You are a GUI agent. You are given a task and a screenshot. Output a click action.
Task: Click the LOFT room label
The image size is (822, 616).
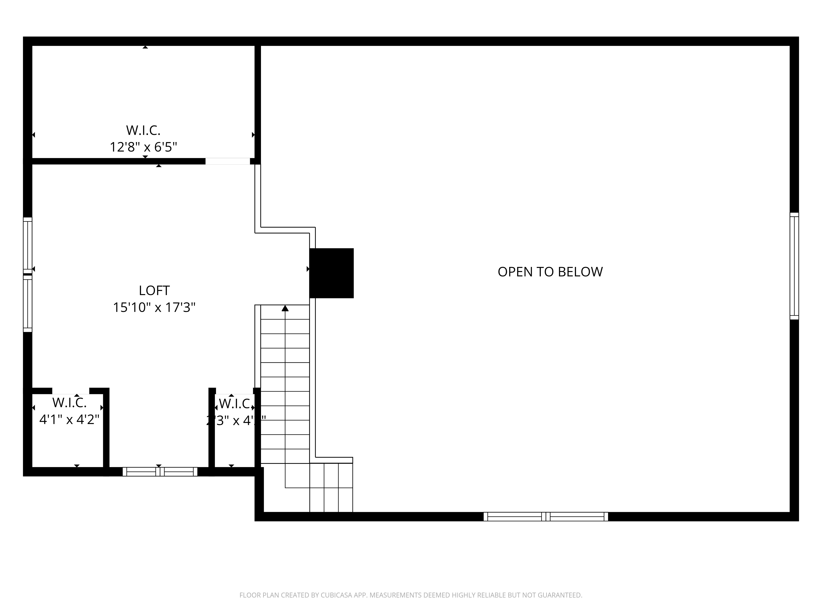154,290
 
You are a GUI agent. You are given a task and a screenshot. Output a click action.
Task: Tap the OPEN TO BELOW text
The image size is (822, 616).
550,272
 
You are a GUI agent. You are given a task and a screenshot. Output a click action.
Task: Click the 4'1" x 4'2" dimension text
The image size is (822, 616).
69,419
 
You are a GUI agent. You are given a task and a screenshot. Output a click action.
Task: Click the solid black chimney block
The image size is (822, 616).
331,273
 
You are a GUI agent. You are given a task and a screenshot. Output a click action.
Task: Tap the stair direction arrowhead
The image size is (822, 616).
285,308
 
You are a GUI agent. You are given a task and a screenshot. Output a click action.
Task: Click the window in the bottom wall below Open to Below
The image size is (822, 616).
546,516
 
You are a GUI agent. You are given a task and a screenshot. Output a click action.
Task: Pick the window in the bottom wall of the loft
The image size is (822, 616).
160,472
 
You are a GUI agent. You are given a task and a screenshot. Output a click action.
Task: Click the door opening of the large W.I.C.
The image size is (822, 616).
227,161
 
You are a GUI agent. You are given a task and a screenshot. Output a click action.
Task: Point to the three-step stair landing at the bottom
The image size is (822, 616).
331,487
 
